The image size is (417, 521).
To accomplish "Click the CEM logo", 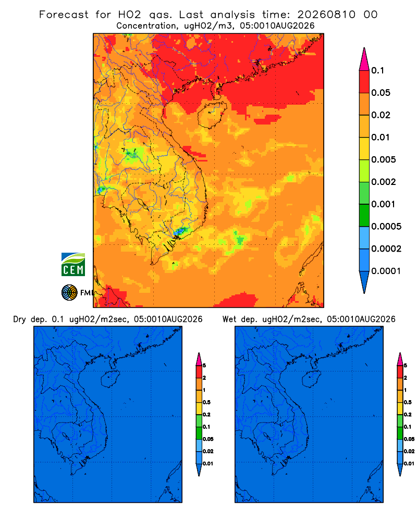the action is [73, 265].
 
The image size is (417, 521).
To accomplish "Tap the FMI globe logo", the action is [69, 292].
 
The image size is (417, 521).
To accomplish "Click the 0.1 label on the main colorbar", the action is [377, 70].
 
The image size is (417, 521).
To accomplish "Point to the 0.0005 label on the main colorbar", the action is [386, 226].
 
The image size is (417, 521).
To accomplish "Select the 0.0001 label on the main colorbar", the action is [386, 271].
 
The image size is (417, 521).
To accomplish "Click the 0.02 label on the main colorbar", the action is [381, 115].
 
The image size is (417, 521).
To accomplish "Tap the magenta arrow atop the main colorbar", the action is [364, 59].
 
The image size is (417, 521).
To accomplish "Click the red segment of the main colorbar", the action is [364, 82].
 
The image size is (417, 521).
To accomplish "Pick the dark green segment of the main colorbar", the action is [364, 215].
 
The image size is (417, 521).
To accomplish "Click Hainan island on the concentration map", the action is [212, 115].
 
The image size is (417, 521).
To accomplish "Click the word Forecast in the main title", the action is [64, 15].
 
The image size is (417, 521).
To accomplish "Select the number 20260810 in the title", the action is [326, 15].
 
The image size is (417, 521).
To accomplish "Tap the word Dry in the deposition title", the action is [19, 319].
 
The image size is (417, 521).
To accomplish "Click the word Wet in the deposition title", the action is [229, 319].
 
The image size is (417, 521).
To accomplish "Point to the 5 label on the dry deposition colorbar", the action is [204, 366].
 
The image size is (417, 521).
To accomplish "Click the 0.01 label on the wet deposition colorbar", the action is [409, 464].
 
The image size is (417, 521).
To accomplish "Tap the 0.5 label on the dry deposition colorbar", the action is [206, 402].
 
